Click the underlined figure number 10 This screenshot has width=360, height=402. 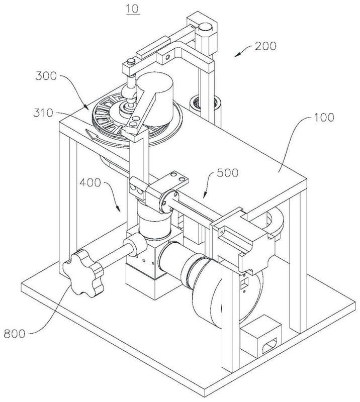pos(133,9)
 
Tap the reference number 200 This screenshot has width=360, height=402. pos(265,46)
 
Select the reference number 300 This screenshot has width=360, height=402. pos(46,76)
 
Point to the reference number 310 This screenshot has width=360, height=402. pos(43,113)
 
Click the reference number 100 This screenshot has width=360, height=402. pos(324,118)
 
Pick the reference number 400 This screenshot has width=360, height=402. pos(90,183)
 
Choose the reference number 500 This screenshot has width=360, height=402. pos(228,173)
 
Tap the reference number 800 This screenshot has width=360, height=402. pos(15,334)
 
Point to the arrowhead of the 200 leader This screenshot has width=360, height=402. pos(237,55)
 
